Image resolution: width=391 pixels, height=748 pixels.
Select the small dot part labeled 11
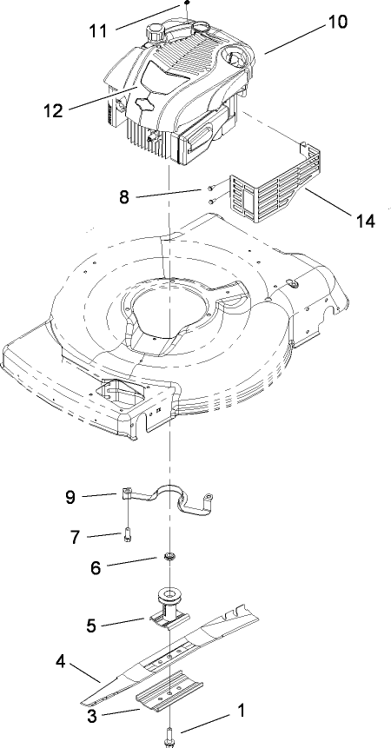pos(186,4)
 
